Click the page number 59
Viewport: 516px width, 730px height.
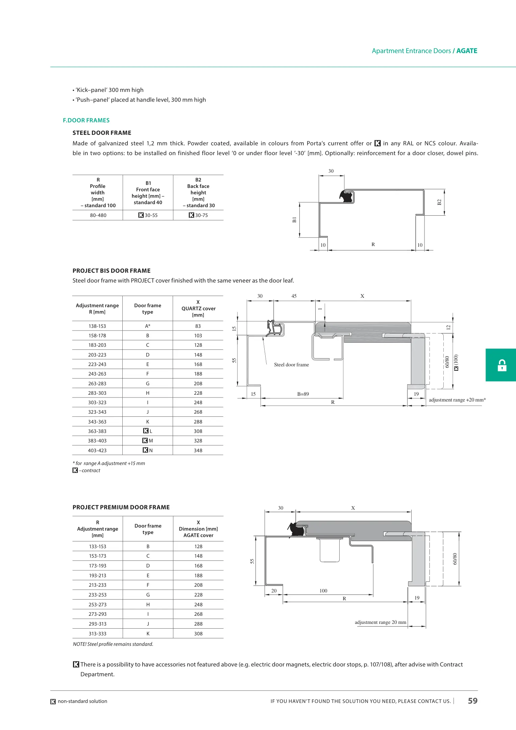(x=472, y=701)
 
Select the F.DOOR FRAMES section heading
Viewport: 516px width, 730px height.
(x=86, y=120)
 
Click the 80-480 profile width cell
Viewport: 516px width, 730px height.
(x=98, y=215)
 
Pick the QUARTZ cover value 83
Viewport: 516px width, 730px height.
(x=198, y=326)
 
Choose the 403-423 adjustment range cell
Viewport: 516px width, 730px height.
(x=97, y=451)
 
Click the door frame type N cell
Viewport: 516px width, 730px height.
(x=148, y=451)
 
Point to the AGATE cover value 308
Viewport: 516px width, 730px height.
(x=198, y=634)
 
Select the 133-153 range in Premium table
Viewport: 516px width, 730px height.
(x=98, y=546)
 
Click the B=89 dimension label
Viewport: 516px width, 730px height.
(x=303, y=394)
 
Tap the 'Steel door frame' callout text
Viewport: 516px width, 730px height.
(x=291, y=365)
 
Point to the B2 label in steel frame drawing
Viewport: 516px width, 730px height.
(x=439, y=202)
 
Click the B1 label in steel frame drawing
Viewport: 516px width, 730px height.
(x=294, y=220)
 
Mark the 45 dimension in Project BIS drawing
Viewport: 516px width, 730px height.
(x=294, y=296)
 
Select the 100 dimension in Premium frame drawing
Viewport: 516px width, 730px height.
(x=323, y=591)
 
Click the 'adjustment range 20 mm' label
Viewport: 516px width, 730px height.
(x=380, y=622)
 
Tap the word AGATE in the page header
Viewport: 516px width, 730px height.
(x=467, y=51)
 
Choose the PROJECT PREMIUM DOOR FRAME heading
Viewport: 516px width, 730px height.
(x=121, y=507)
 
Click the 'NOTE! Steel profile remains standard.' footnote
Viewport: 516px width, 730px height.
(x=113, y=644)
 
